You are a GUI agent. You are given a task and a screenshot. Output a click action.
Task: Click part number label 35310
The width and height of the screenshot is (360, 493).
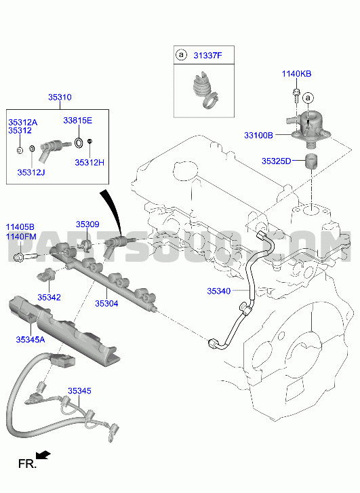60,98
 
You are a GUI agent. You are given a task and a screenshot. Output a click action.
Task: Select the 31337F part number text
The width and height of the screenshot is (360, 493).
207,56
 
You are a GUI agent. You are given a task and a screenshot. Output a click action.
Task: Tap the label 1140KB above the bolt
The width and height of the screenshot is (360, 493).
296,74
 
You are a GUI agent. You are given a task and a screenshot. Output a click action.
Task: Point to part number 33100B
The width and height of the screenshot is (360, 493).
258,136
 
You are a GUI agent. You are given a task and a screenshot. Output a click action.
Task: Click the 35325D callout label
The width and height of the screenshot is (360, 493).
277,161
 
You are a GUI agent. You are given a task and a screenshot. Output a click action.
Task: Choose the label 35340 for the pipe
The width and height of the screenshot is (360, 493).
219,291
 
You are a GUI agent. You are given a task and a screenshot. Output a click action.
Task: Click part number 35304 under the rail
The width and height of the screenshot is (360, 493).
106,303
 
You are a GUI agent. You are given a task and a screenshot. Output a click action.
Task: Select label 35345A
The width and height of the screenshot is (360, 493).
31,340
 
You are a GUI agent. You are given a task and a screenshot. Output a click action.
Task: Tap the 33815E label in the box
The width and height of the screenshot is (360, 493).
78,121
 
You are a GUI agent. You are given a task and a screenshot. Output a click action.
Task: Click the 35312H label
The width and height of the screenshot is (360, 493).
89,163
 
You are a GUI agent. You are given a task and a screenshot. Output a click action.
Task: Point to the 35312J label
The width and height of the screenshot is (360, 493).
31,172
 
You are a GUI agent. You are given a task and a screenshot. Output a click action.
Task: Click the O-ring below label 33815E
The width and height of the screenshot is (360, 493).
79,142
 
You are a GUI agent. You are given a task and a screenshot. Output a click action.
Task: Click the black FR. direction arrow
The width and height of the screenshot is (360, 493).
43,455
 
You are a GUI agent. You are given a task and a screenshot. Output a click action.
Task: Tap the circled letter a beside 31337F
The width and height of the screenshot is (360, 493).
181,55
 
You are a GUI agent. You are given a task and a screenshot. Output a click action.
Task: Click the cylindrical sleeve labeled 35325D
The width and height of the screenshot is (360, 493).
311,161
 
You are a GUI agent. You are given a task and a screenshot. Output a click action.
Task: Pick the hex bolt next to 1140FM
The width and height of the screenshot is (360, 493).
26,256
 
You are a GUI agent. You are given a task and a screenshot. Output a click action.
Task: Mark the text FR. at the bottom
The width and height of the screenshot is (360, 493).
27,464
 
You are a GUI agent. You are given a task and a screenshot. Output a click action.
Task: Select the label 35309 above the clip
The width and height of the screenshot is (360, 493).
87,224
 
